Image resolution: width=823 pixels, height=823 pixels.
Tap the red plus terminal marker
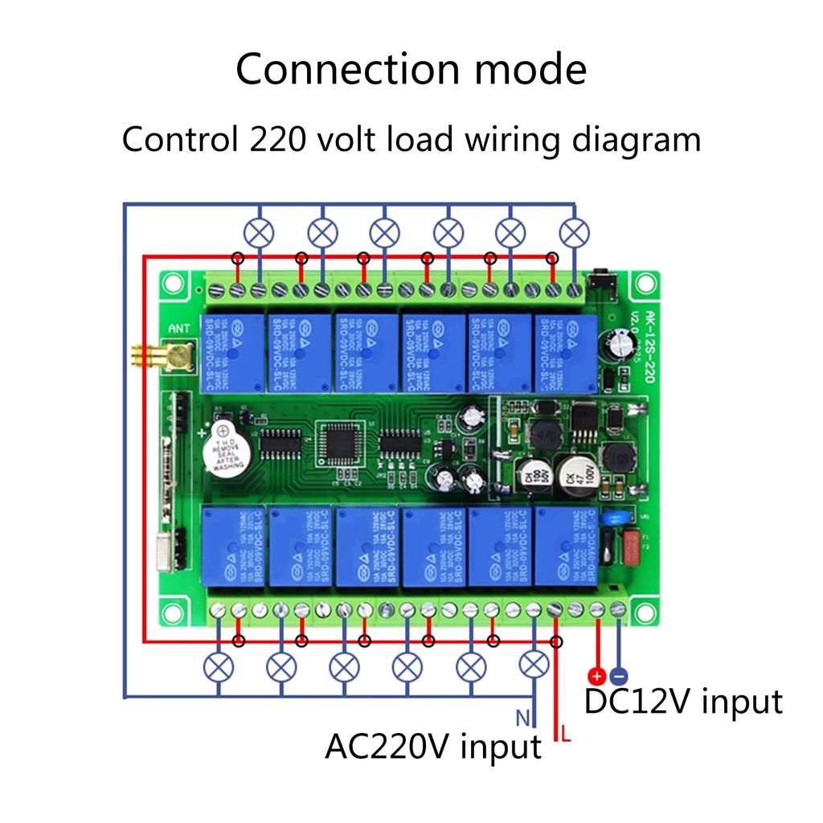596,676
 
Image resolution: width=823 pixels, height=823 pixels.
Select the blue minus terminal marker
619,676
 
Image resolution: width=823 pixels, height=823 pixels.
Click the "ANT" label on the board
181,327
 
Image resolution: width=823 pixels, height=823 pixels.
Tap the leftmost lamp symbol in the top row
259,233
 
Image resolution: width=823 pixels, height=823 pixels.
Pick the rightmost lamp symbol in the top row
574,233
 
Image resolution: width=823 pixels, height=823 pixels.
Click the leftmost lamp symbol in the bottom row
218,666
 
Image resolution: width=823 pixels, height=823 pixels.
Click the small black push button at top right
600,282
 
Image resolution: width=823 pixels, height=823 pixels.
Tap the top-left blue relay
234,350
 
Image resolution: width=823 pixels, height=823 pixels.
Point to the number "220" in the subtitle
276,140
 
